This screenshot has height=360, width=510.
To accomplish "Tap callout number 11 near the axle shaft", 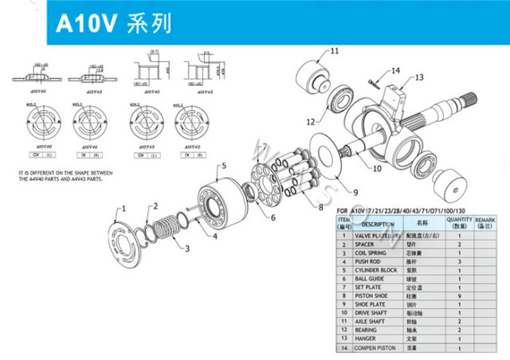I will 335,51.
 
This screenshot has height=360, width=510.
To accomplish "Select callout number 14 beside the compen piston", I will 395,71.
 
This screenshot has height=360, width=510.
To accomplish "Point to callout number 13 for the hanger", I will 419,77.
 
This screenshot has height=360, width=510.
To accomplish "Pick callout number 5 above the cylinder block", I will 224,165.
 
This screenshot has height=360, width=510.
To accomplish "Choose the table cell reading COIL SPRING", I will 371,252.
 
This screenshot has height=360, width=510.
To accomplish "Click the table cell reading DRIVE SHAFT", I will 371,314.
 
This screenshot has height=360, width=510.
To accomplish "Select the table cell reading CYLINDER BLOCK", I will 375,270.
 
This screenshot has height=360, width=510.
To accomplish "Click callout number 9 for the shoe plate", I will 356,193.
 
